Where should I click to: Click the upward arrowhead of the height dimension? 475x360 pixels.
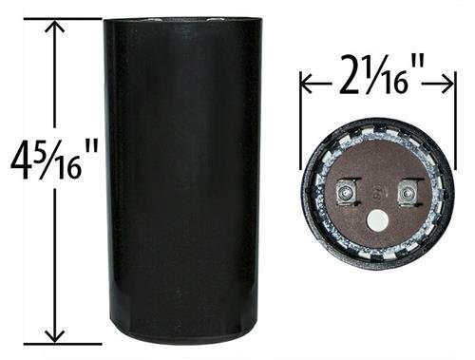[56, 26]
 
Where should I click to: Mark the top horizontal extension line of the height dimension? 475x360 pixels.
[63, 19]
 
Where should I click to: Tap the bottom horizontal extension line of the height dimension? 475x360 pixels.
[63, 344]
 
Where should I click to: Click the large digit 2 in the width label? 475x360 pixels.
[349, 75]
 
